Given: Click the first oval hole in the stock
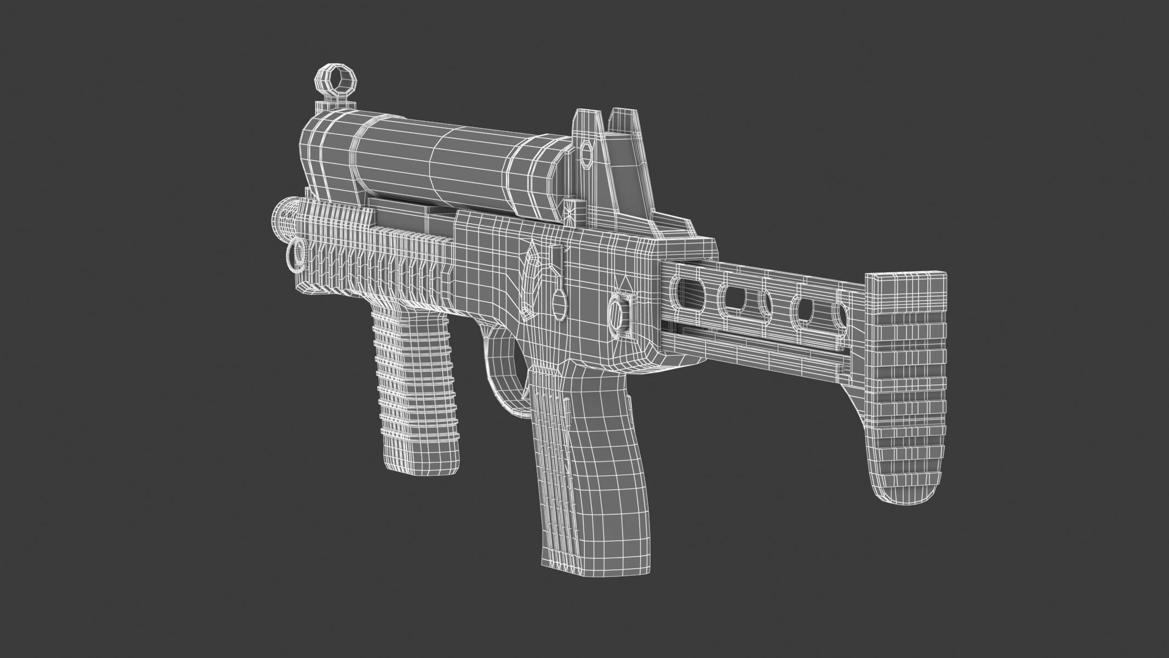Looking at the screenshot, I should coord(689,287).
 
